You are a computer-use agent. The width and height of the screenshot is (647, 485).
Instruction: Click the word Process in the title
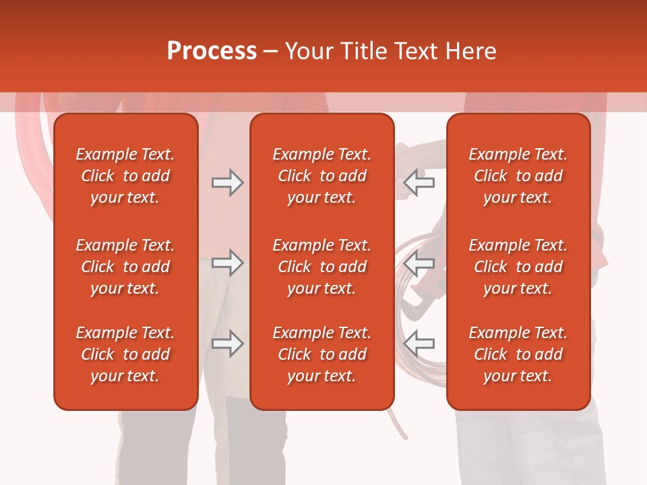click(x=212, y=51)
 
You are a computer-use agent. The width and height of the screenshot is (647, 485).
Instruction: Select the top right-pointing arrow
click(x=228, y=183)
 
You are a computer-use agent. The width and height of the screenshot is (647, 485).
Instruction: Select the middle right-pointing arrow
click(x=228, y=263)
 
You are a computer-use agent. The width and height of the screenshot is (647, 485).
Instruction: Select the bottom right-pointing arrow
click(x=228, y=344)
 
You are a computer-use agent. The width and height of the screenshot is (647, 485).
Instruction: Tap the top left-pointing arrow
click(x=419, y=183)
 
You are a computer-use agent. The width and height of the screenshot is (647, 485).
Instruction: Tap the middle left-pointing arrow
click(x=419, y=263)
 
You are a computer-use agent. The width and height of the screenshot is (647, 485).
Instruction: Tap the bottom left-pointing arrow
click(x=419, y=344)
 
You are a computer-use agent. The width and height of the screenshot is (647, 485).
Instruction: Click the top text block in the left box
click(x=125, y=176)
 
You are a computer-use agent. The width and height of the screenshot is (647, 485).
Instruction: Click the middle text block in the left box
click(x=125, y=267)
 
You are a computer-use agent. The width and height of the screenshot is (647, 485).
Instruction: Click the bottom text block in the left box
click(x=125, y=354)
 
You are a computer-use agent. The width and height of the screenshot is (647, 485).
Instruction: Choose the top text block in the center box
click(x=321, y=176)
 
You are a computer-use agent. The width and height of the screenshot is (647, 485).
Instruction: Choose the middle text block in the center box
click(x=321, y=267)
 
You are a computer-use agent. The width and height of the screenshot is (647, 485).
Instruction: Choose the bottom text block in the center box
click(x=321, y=354)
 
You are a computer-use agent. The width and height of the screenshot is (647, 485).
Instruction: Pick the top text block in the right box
click(x=518, y=176)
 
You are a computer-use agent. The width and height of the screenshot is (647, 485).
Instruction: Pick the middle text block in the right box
click(x=518, y=267)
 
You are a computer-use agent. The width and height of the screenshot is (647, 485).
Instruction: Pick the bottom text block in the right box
click(x=518, y=354)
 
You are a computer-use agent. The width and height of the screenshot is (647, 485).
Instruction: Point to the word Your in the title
click(x=310, y=51)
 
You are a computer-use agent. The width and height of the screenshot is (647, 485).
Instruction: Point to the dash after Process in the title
click(x=270, y=52)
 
